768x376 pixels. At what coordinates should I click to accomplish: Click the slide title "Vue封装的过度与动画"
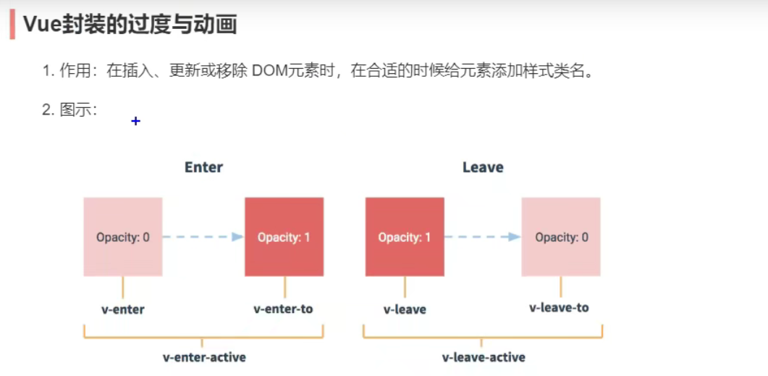[x=130, y=25]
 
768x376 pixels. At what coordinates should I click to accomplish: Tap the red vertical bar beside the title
[x=12, y=25]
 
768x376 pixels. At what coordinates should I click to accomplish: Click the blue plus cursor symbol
[x=135, y=121]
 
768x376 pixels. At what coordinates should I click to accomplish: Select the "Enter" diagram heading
[x=203, y=167]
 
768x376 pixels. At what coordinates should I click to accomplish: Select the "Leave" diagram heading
[x=483, y=167]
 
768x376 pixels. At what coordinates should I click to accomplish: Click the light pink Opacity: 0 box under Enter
[x=123, y=237]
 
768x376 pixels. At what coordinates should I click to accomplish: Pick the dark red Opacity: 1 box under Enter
[x=284, y=237]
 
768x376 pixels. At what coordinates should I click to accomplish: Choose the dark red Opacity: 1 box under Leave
[x=405, y=237]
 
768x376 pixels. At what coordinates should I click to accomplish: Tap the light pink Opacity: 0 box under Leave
[x=561, y=237]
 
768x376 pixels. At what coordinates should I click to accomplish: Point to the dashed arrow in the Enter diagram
[x=203, y=237]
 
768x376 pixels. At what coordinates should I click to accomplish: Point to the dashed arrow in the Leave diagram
[x=482, y=237]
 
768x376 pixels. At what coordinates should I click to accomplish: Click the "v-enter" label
[x=123, y=309]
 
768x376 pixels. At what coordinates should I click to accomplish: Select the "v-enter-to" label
[x=283, y=309]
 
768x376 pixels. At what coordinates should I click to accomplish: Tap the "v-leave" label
[x=405, y=309]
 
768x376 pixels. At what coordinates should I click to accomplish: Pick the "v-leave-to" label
[x=559, y=308]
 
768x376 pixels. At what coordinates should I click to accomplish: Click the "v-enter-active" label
[x=204, y=357]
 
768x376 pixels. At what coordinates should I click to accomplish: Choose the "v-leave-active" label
[x=484, y=357]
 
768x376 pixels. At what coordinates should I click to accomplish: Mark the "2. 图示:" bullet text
[x=69, y=110]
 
